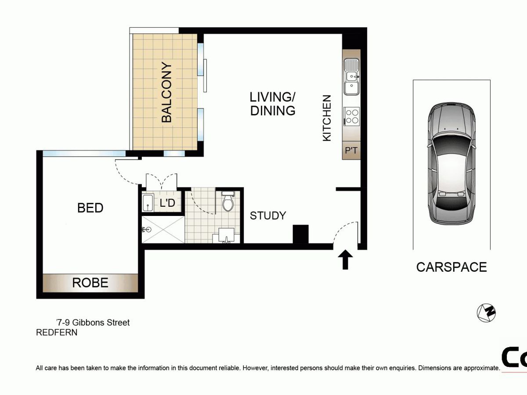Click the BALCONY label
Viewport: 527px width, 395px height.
pyautogui.click(x=167, y=92)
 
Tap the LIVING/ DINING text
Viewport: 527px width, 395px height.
pyautogui.click(x=273, y=104)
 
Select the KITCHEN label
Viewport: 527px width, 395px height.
pyautogui.click(x=327, y=118)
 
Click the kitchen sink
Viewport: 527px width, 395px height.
pyautogui.click(x=351, y=76)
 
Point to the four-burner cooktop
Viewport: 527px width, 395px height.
pyautogui.click(x=352, y=116)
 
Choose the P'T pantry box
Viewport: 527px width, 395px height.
pyautogui.click(x=351, y=151)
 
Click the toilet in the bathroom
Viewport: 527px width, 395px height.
pyautogui.click(x=227, y=201)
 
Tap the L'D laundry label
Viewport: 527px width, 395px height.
pyautogui.click(x=167, y=203)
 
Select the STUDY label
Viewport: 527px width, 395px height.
pyautogui.click(x=268, y=215)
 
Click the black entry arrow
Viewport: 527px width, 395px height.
pyautogui.click(x=345, y=259)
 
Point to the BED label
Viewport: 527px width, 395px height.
pyautogui.click(x=90, y=208)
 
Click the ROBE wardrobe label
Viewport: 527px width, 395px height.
pyautogui.click(x=90, y=283)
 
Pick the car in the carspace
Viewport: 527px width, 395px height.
pyautogui.click(x=451, y=164)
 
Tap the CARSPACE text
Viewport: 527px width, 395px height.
pyautogui.click(x=451, y=267)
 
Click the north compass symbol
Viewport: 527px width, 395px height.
pyautogui.click(x=486, y=313)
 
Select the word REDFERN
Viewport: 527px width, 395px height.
pyautogui.click(x=57, y=332)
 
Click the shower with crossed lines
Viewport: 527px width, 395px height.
pyautogui.click(x=163, y=230)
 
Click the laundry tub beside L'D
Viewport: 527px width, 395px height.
pyautogui.click(x=148, y=203)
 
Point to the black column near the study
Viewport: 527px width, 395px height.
pyautogui.click(x=300, y=234)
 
